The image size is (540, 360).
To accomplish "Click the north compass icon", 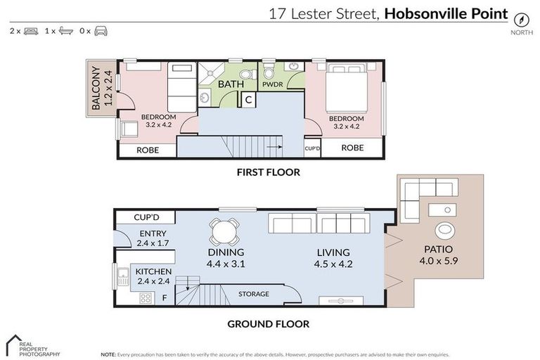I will click(x=521, y=19).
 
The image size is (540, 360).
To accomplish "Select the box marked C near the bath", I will click(x=248, y=101).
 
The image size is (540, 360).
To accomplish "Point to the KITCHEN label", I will click(x=153, y=271).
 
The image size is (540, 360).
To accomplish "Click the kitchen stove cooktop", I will click(x=146, y=298).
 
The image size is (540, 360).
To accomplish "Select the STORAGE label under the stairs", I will click(x=253, y=294).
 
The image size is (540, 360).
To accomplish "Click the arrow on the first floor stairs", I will click(x=275, y=148).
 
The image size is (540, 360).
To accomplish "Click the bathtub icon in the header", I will click(x=67, y=32).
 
